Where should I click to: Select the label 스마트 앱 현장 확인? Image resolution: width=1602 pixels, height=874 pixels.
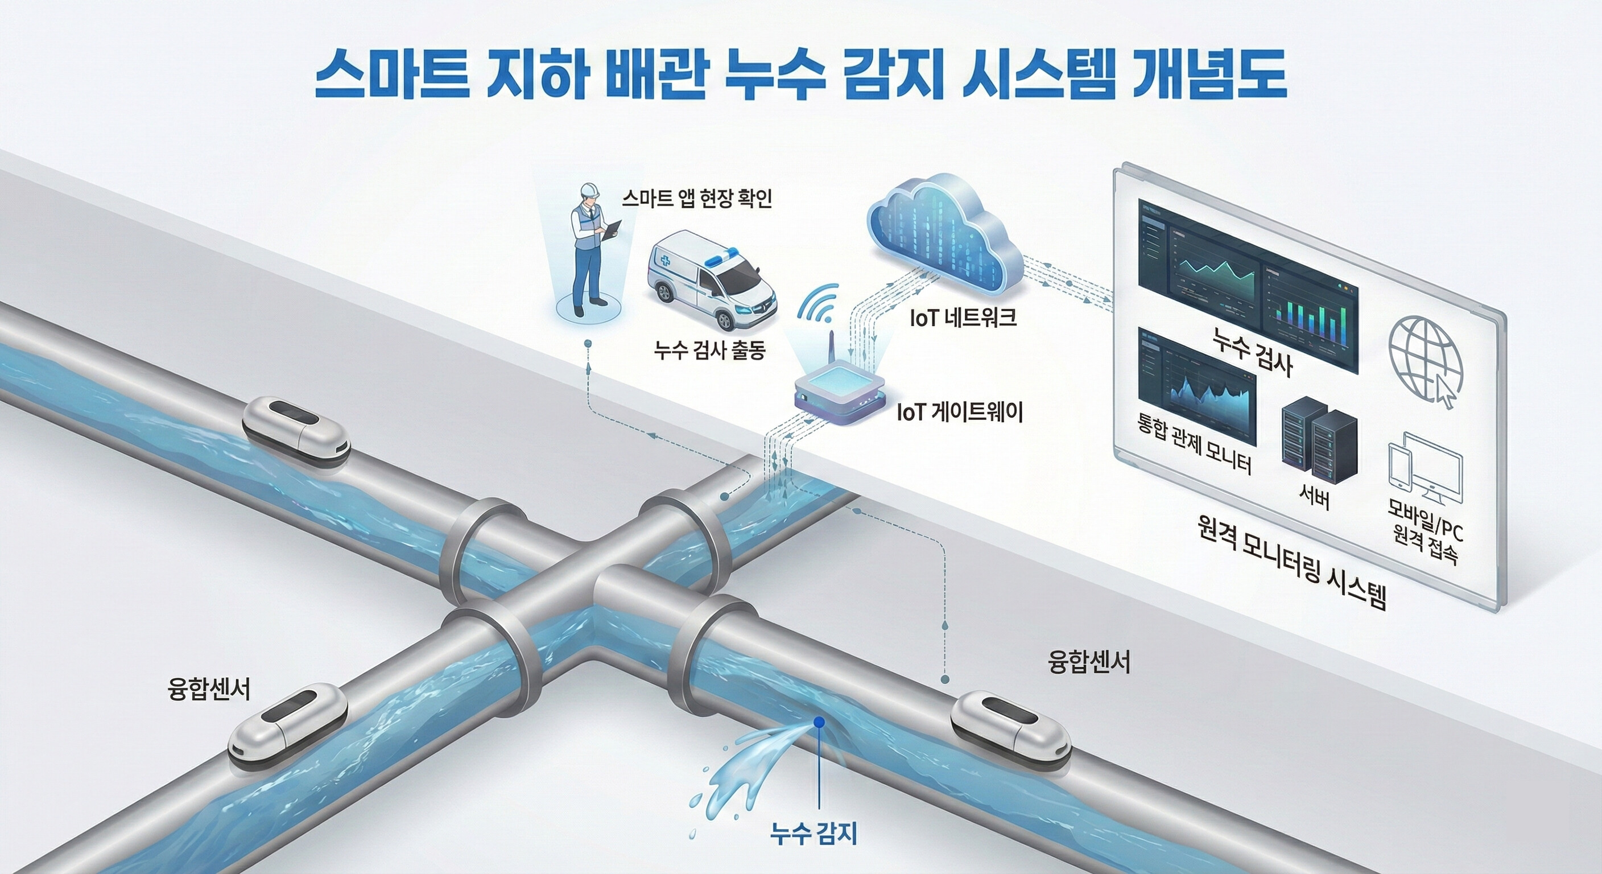(x=696, y=199)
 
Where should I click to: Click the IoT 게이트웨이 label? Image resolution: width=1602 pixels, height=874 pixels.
(x=959, y=413)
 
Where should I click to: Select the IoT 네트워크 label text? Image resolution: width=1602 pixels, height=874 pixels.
(x=963, y=319)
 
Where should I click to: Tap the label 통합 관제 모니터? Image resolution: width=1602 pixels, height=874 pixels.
(x=1193, y=443)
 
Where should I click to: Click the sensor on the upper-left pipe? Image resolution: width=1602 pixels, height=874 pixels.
(x=295, y=427)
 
